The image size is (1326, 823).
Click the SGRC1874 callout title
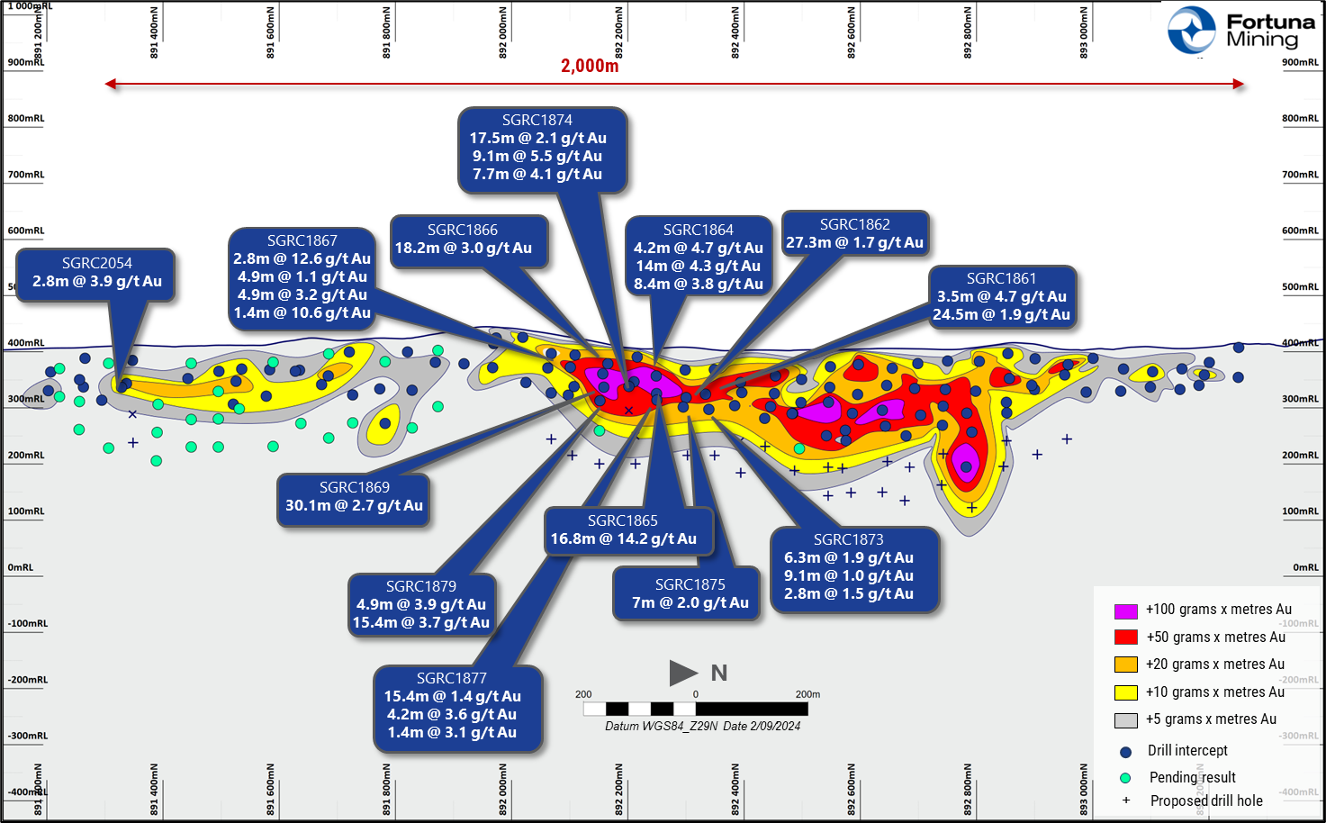(x=537, y=120)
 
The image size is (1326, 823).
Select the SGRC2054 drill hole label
(x=97, y=263)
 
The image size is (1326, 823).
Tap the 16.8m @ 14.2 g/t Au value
(x=623, y=538)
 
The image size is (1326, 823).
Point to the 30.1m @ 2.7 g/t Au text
(x=354, y=505)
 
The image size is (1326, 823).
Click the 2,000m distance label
(x=590, y=66)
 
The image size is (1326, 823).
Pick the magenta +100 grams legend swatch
(x=1125, y=610)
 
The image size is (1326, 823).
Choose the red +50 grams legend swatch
(x=1125, y=638)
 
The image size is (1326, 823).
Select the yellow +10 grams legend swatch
(x=1125, y=692)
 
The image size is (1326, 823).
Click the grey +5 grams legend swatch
(x=1125, y=719)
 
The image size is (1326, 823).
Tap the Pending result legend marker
(x=1125, y=778)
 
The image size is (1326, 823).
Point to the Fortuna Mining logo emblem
(x=1192, y=30)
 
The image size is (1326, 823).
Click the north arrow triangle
(x=682, y=673)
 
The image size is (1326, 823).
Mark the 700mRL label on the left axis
(x=26, y=175)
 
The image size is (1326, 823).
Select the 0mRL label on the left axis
(x=21, y=567)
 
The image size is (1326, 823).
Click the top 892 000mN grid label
(x=502, y=33)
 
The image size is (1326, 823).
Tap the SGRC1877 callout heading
(x=451, y=678)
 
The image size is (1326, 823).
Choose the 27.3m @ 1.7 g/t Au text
(x=854, y=242)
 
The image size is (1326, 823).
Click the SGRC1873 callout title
(x=848, y=539)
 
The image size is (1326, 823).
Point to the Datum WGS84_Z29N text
(x=662, y=726)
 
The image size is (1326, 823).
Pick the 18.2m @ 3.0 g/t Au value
(x=463, y=248)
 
